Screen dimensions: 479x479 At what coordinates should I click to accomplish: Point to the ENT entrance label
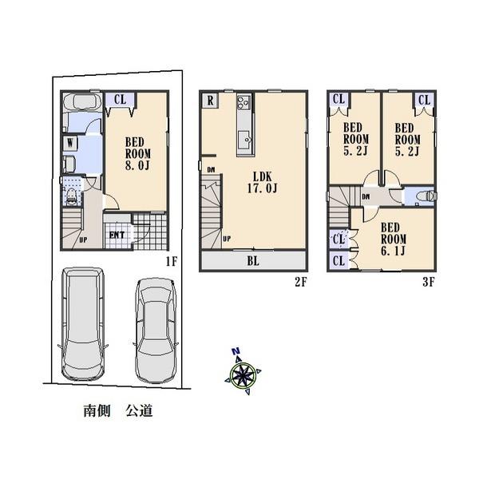(117, 234)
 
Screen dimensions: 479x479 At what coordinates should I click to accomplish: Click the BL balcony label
(252, 259)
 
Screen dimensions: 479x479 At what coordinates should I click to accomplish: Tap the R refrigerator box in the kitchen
(209, 101)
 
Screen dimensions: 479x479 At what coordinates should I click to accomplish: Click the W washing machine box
(71, 144)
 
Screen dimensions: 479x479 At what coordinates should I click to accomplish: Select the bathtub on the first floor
(80, 103)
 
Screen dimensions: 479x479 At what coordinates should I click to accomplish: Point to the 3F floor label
(428, 281)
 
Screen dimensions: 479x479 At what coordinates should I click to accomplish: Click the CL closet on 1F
(120, 100)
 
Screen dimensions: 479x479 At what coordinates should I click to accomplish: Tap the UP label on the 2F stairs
(228, 238)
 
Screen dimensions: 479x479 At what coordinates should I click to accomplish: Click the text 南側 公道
(117, 412)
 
